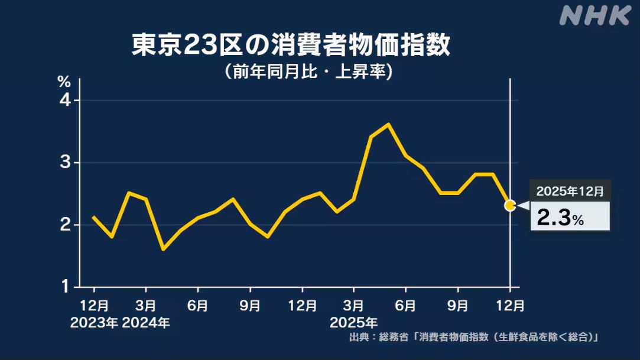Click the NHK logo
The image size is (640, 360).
[594, 16]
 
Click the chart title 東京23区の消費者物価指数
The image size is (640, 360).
[291, 46]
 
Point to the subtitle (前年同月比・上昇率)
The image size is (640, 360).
[308, 72]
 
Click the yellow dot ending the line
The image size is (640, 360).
[510, 206]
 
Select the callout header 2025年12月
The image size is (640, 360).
[570, 191]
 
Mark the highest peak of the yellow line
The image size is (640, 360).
[388, 124]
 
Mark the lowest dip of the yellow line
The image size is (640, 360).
[163, 249]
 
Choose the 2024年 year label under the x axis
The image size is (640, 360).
[146, 323]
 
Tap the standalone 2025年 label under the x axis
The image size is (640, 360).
[353, 323]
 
